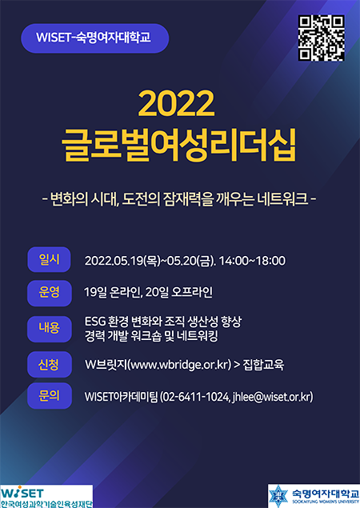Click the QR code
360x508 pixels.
[321, 38]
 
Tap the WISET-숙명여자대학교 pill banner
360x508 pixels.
[95, 38]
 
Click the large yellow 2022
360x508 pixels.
[176, 103]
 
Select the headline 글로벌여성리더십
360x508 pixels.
[178, 145]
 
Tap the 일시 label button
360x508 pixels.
[49, 259]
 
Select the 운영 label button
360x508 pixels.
[50, 293]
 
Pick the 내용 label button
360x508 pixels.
[50, 329]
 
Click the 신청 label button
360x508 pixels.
[50, 365]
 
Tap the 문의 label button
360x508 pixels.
[50, 395]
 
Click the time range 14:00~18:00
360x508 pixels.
[253, 261]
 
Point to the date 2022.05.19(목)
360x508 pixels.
[122, 261]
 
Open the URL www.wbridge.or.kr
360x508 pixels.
[180, 365]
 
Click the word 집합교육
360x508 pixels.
[263, 365]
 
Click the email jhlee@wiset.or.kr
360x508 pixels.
[271, 397]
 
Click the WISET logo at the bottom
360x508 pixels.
[46, 496]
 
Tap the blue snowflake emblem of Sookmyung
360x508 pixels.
[278, 496]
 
